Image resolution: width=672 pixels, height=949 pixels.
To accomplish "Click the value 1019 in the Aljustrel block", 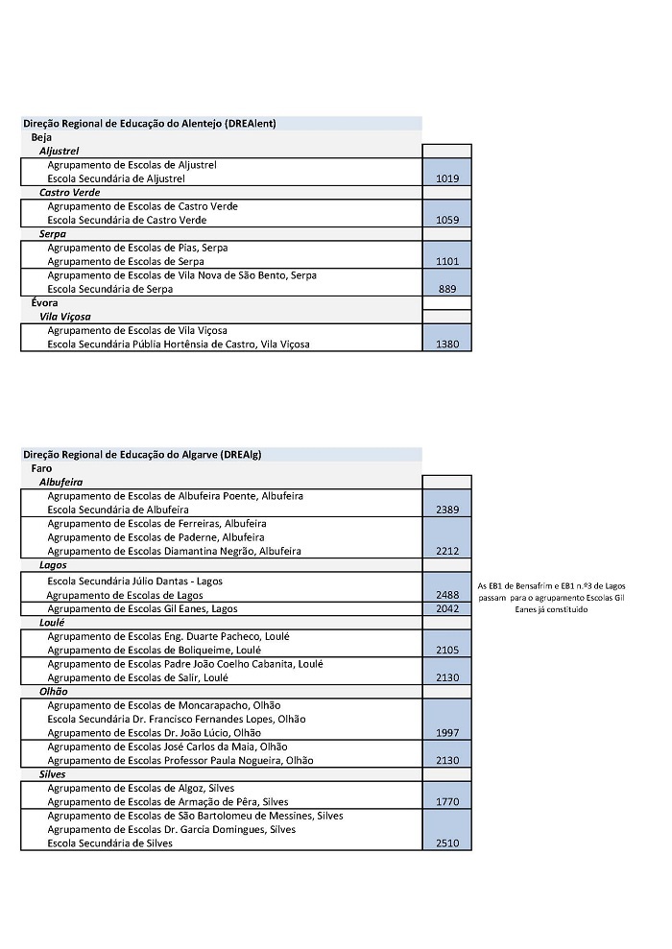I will click(x=446, y=178).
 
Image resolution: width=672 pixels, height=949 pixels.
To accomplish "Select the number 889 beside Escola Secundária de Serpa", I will click(x=446, y=289).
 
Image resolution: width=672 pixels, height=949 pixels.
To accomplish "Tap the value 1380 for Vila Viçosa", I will click(x=446, y=344).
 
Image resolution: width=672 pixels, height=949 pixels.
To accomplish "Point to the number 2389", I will click(x=446, y=510).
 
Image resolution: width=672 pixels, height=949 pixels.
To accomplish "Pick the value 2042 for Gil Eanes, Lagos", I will click(x=446, y=608).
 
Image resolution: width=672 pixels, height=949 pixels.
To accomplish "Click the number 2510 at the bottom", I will click(x=446, y=843).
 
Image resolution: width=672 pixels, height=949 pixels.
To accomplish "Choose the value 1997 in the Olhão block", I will click(x=446, y=733).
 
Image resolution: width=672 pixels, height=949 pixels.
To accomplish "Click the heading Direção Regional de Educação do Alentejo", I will click(x=149, y=124).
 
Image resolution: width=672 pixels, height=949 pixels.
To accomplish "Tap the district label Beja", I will click(x=41, y=137).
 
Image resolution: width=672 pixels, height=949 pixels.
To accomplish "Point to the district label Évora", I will click(x=44, y=303).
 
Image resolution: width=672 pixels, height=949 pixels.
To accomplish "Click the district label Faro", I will click(x=41, y=468).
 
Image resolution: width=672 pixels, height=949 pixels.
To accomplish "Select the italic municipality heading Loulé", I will click(x=53, y=623).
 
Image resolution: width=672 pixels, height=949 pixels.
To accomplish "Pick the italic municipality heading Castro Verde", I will click(x=69, y=193).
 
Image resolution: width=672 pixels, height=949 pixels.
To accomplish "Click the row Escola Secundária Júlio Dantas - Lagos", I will click(x=149, y=581).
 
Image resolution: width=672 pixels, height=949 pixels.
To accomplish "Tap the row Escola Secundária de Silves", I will click(x=109, y=843).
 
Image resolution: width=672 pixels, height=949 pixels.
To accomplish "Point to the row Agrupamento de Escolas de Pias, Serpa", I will click(x=138, y=248).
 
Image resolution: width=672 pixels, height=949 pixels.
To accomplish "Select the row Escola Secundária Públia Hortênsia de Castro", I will click(x=179, y=344).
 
